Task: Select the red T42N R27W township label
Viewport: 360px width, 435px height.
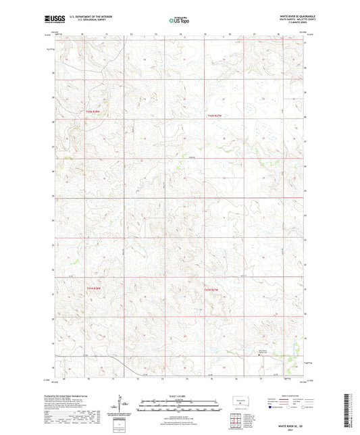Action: point(214,116)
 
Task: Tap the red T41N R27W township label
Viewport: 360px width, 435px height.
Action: point(212,289)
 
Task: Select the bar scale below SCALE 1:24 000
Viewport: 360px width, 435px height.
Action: point(179,406)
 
